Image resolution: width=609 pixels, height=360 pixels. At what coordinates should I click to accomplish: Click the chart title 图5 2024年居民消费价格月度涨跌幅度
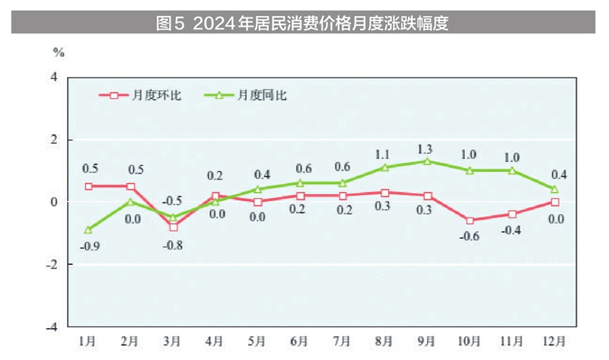point(302,23)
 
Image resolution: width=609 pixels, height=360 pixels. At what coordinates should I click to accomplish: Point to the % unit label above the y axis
point(59,53)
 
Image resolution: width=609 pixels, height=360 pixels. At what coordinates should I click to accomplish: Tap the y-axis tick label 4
point(54,77)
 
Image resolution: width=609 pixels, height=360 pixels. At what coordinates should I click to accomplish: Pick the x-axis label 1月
point(88,339)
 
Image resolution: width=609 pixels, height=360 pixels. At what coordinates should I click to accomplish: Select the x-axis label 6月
point(299,339)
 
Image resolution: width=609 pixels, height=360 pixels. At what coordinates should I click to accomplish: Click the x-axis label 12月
point(554,339)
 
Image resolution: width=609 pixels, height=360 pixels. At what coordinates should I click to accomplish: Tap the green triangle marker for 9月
point(427,161)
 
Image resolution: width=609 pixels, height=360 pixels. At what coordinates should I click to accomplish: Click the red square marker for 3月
point(173,227)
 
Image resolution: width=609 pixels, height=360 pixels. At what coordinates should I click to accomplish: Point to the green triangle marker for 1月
point(88,229)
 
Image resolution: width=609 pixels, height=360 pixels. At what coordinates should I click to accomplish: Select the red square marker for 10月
point(470,221)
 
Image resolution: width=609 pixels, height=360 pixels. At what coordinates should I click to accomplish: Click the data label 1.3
point(426,148)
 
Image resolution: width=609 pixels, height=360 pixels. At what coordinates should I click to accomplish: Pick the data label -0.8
point(174,245)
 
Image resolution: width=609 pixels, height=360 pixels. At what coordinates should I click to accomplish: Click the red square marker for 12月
point(554,202)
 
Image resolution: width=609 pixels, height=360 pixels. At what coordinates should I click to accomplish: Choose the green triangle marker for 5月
point(257,189)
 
